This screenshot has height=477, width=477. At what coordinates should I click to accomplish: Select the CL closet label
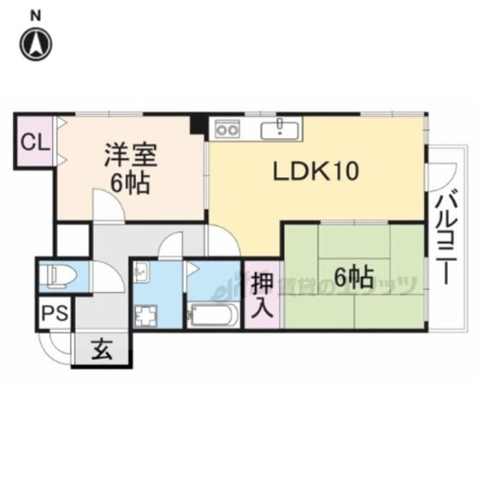(34, 142)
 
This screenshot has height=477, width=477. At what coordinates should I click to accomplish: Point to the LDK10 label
(316, 172)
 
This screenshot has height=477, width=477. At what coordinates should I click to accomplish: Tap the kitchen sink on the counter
(282, 128)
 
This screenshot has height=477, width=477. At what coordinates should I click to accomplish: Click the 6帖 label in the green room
(352, 278)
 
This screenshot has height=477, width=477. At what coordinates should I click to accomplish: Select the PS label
(54, 313)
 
